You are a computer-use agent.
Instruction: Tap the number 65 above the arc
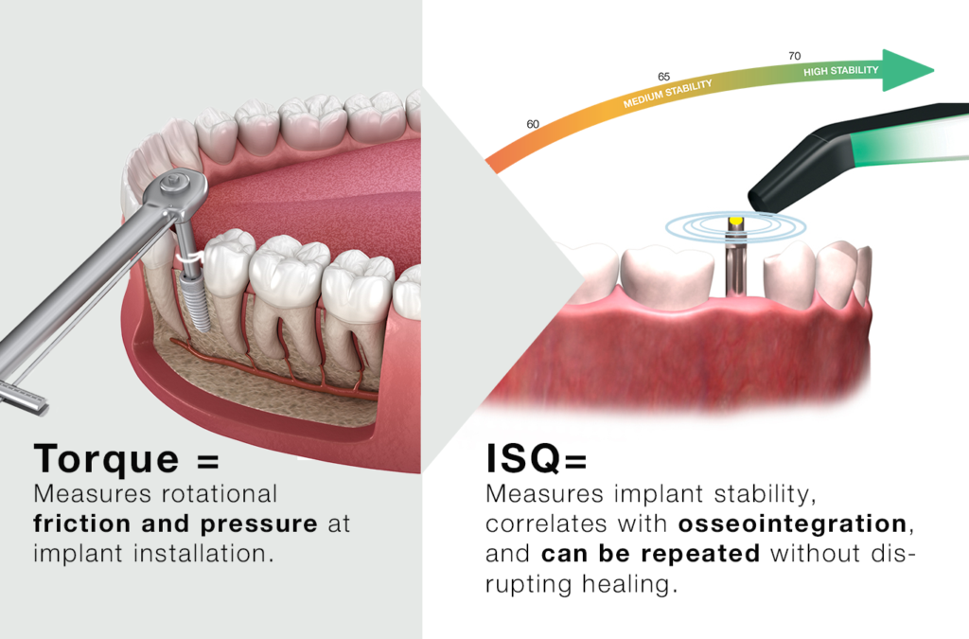(x=663, y=76)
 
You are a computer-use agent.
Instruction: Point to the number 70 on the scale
(x=794, y=56)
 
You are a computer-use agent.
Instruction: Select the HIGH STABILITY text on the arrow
(x=840, y=70)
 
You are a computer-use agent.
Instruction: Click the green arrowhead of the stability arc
(x=907, y=71)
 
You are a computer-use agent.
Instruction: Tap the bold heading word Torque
(x=106, y=459)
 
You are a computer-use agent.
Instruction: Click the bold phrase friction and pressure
(x=175, y=524)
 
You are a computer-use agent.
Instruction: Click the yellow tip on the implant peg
(x=734, y=223)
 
